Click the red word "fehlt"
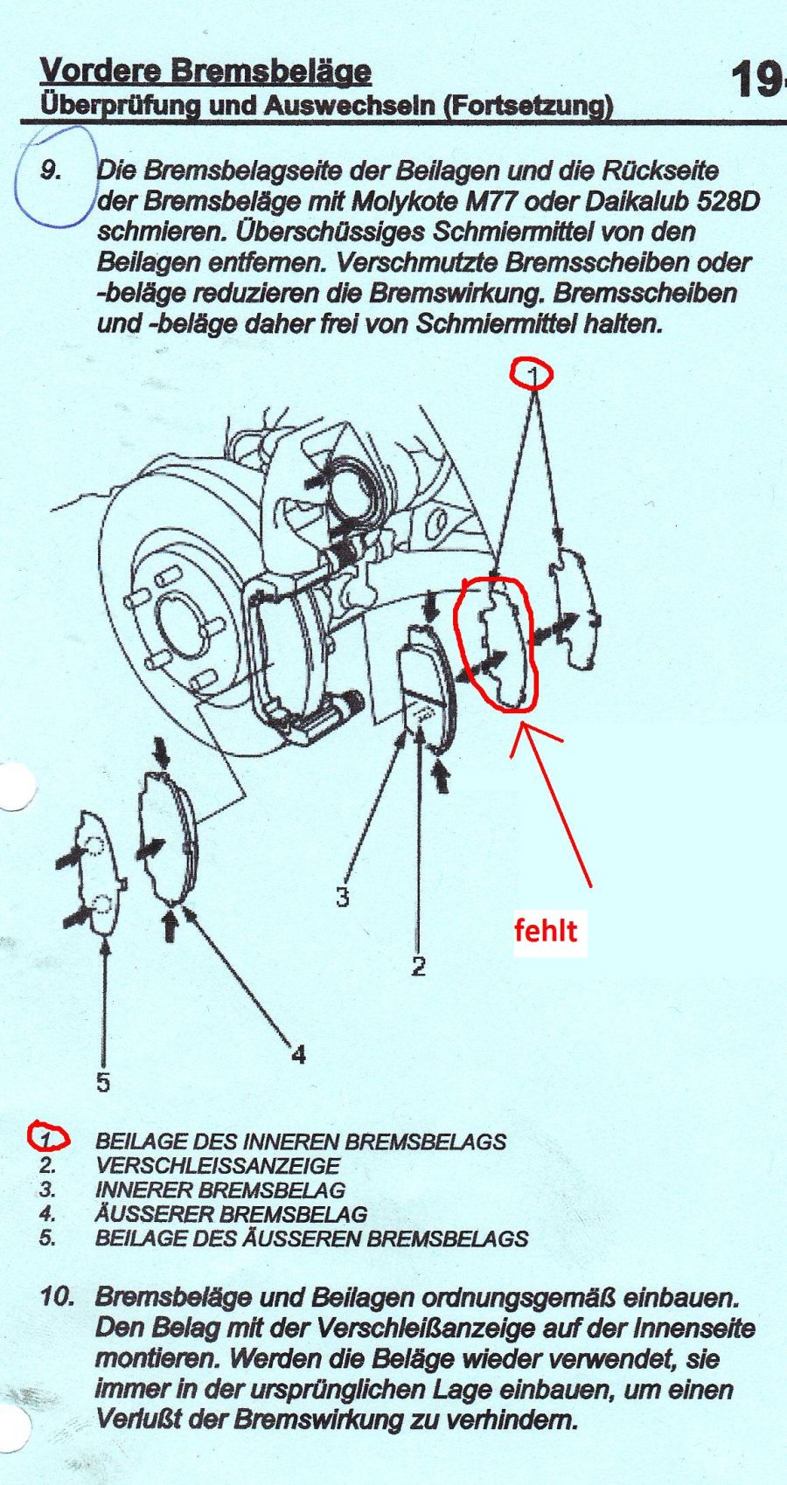click(x=547, y=931)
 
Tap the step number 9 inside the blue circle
click(x=51, y=171)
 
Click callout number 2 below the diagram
click(x=418, y=967)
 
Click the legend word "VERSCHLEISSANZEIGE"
click(x=218, y=1183)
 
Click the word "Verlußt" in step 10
click(x=141, y=1418)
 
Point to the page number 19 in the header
click(x=755, y=80)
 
